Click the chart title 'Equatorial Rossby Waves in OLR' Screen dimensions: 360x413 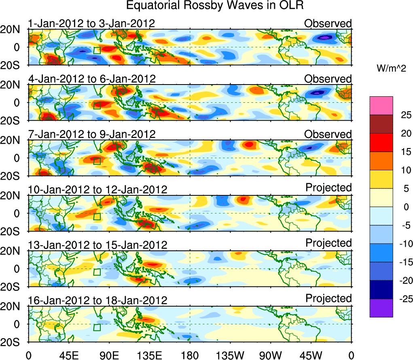point(215,6)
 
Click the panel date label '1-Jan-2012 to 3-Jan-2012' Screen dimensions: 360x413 point(91,23)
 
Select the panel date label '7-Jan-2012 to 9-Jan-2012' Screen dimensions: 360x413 point(91,134)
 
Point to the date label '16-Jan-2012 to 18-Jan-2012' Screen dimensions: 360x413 point(97,301)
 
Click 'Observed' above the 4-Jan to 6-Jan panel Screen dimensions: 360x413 point(328,79)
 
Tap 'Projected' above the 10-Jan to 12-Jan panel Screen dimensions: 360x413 point(328,188)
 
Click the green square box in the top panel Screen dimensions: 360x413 point(97,50)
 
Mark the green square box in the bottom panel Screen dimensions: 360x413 point(97,327)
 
